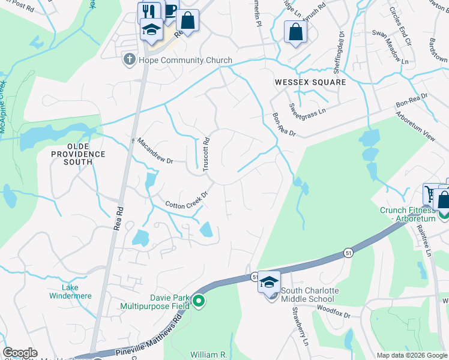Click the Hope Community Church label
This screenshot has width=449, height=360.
185,60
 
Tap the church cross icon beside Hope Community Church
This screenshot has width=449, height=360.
128,59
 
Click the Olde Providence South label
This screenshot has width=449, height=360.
77,150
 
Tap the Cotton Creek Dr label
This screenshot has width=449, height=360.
187,201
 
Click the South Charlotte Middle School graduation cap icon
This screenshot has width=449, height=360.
269,281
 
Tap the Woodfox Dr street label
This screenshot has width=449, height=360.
334,311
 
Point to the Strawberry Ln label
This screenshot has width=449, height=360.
300,326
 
